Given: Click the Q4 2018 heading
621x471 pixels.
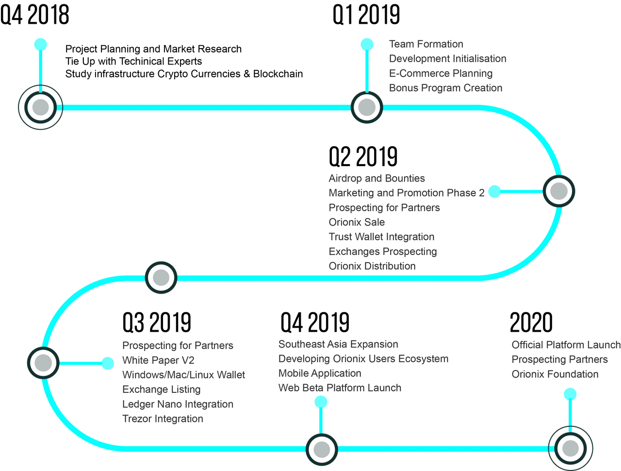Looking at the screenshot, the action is pos(34,15).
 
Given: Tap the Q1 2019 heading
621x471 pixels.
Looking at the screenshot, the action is pos(366,15).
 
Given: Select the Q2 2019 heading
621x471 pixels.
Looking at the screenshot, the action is pos(363,156).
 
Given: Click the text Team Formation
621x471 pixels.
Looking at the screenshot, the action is pos(426,44).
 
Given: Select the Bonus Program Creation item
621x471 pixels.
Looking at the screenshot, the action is pos(445,88).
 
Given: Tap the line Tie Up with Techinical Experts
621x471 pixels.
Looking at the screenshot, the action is pos(133,61).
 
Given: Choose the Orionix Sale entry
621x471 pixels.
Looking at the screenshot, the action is pos(357,222).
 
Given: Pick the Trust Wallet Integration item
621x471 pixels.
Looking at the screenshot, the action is pos(381,237).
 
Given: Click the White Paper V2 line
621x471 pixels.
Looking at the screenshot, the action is pos(159,360).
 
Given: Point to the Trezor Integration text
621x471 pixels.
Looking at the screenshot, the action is pos(163,419).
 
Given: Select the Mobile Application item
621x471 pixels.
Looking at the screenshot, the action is pos(320,373).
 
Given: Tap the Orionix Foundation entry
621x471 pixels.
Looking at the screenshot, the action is pos(555,374).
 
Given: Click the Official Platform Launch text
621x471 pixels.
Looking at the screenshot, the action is pos(566,345).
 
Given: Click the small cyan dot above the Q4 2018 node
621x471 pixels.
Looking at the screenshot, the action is pos(40,45).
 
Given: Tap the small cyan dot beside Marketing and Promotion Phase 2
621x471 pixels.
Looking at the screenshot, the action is pos(494,192).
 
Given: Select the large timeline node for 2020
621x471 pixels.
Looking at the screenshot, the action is pos(571,449).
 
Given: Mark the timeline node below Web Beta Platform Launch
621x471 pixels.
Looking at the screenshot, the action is pos(322,450).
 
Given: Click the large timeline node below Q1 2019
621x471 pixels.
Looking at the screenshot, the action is pos(367,107).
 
